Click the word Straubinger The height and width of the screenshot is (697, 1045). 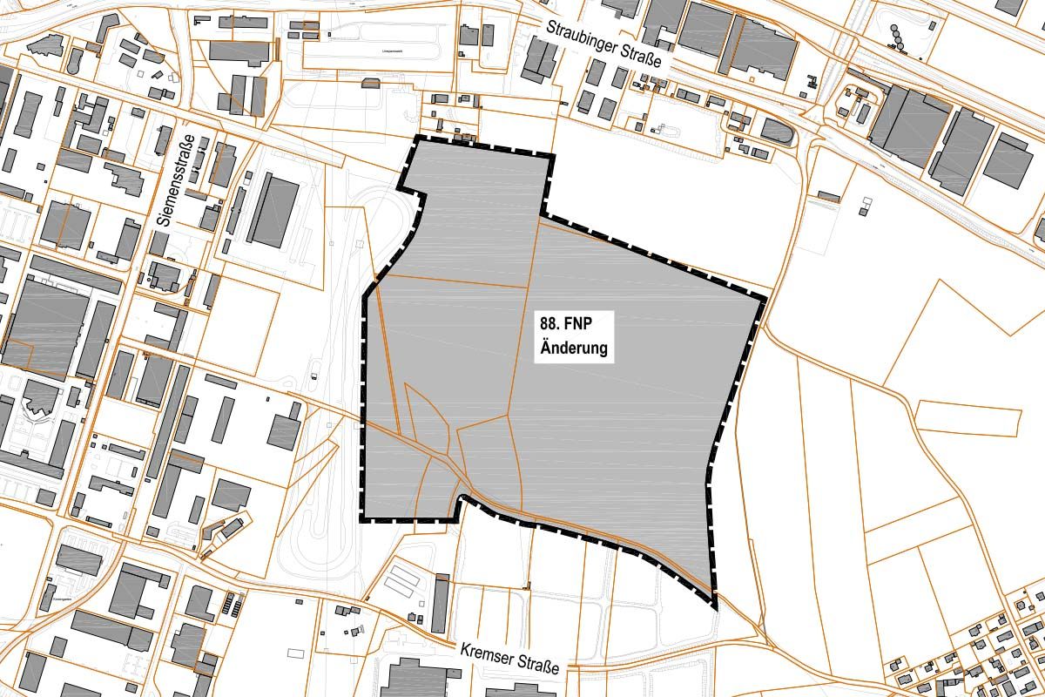(582, 37)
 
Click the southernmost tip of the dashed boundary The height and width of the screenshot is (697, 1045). (713, 605)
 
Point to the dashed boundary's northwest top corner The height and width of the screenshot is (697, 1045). (413, 139)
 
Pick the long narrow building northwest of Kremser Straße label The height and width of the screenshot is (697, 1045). (440, 601)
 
